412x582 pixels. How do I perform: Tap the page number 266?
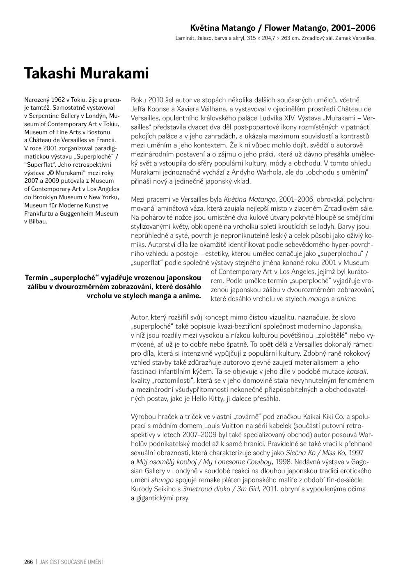pos(28,562)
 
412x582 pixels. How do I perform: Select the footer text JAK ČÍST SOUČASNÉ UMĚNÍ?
pos(71,562)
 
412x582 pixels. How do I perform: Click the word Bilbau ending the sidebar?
pos(38,221)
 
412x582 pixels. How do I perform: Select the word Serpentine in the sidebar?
pos(45,116)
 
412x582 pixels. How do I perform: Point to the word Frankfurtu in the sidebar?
pos(38,214)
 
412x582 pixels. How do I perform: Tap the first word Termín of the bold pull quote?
pos(37,278)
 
